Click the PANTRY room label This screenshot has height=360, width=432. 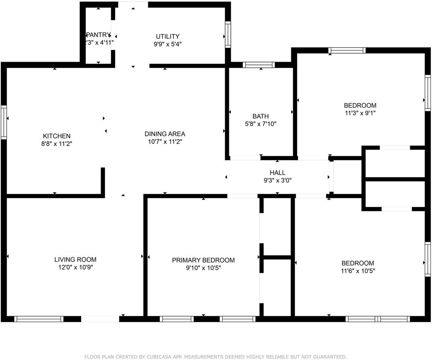(99, 35)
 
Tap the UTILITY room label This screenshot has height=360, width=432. (167, 36)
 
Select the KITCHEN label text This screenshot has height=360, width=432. (56, 136)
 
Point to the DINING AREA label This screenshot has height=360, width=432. (165, 134)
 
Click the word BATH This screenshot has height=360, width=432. (260, 116)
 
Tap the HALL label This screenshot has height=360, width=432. (277, 173)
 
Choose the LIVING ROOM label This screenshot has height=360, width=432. (75, 259)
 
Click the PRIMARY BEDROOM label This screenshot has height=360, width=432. (203, 260)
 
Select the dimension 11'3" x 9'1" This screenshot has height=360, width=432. (360, 113)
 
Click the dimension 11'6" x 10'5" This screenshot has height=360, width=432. (358, 271)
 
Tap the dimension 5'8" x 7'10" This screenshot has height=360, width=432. (260, 124)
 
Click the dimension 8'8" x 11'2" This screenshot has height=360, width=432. (56, 144)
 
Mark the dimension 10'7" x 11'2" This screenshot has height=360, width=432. (165, 142)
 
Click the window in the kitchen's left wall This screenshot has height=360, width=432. (4, 123)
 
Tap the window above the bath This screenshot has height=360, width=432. (259, 65)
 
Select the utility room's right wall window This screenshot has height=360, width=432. (227, 35)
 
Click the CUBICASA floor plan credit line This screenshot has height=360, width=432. (216, 357)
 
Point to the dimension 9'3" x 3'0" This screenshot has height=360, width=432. (277, 180)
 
